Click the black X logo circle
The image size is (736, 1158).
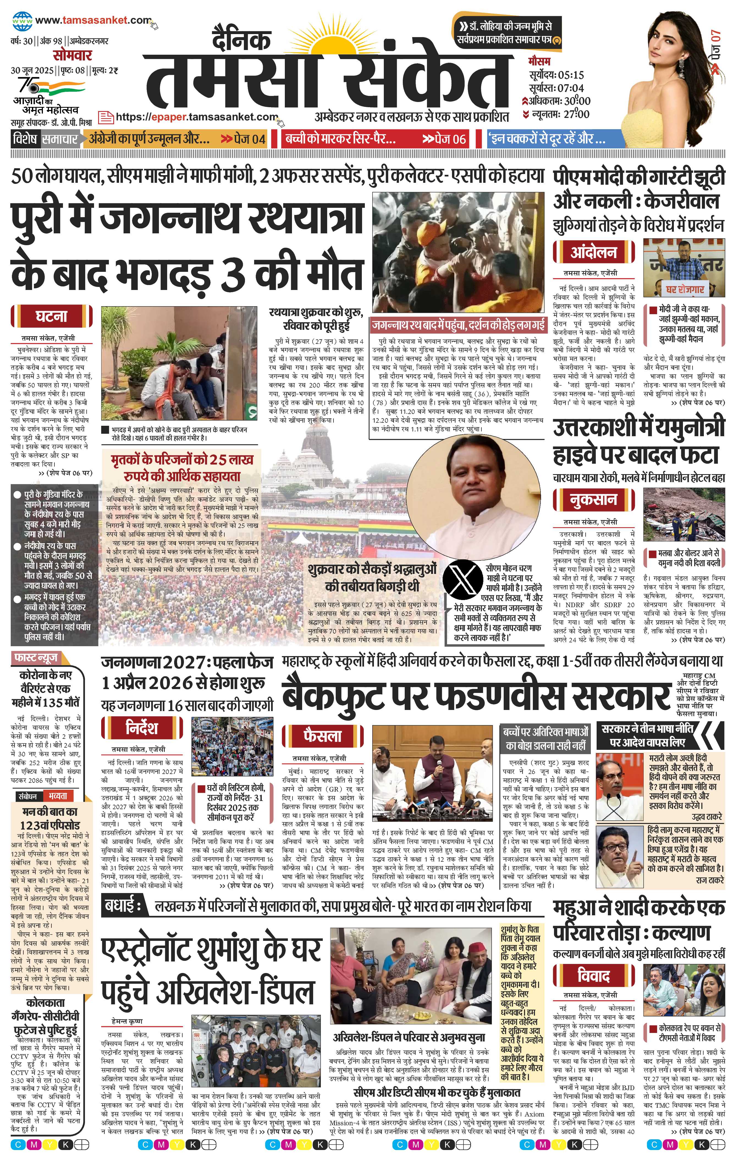point(462,581)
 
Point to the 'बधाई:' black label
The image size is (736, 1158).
point(121,907)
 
